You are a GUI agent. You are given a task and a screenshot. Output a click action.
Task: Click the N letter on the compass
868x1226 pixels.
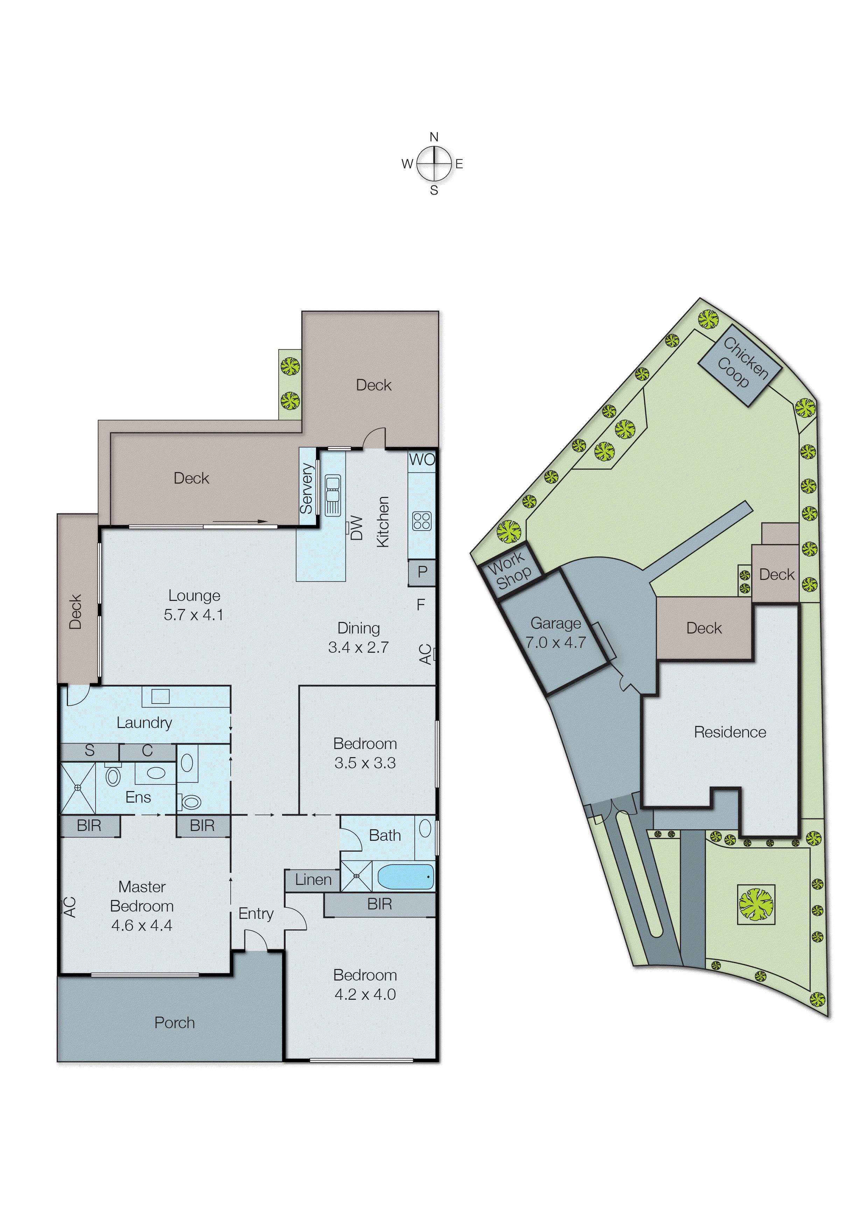[434, 137]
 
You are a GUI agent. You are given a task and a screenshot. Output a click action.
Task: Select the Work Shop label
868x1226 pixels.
[510, 570]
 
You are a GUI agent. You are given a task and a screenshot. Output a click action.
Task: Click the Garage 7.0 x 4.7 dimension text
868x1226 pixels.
[555, 642]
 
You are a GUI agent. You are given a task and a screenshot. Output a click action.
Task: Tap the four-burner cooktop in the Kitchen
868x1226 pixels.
[422, 521]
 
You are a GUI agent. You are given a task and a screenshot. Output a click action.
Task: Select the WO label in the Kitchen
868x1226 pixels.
[422, 459]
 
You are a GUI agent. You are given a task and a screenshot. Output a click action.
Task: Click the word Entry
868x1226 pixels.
[255, 913]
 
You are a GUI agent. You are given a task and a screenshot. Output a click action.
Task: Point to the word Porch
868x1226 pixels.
[174, 1023]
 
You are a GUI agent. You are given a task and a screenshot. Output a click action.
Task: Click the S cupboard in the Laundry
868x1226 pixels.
[89, 751]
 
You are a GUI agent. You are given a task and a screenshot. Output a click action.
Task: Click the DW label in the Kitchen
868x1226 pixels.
[357, 528]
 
